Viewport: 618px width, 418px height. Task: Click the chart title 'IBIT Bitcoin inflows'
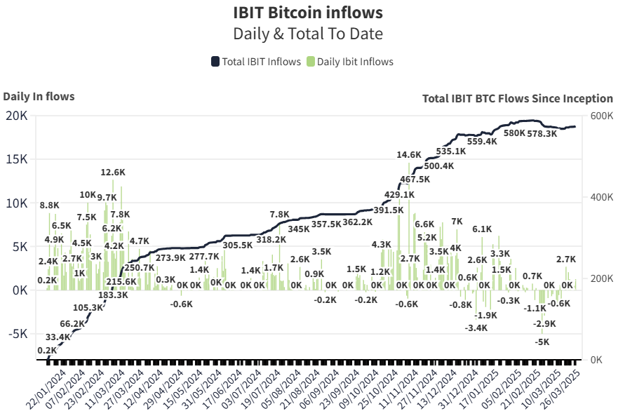(308, 13)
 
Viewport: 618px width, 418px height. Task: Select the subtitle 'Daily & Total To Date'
(308, 33)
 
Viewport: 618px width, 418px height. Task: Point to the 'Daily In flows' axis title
(39, 97)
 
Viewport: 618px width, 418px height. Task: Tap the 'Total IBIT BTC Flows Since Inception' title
(518, 98)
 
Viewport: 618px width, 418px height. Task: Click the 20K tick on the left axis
(15, 116)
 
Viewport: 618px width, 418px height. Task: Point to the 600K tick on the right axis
(601, 116)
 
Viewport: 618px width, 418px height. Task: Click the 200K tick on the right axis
(601, 278)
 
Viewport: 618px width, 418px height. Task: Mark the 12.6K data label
(113, 172)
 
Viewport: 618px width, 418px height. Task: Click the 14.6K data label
(409, 154)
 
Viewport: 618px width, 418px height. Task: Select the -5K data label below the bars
(542, 342)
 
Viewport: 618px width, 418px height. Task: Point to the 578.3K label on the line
(543, 133)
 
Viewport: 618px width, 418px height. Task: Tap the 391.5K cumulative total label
(389, 210)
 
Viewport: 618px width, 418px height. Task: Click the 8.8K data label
(49, 205)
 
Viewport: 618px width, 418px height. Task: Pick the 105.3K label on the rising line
(88, 307)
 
